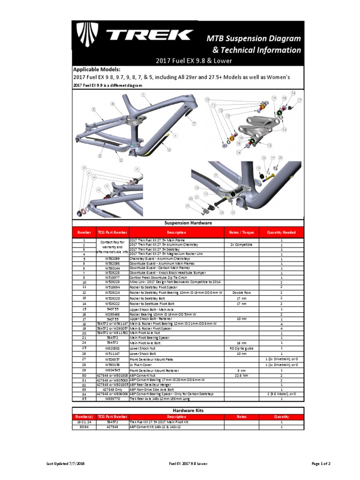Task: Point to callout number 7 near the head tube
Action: (x=194, y=124)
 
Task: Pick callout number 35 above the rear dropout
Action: (x=137, y=169)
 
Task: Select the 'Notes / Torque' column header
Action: (x=241, y=232)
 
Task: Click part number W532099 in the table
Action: (x=112, y=258)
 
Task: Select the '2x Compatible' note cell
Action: (x=241, y=245)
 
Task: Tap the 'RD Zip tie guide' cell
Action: (x=241, y=348)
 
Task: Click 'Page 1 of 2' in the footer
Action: (x=321, y=464)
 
